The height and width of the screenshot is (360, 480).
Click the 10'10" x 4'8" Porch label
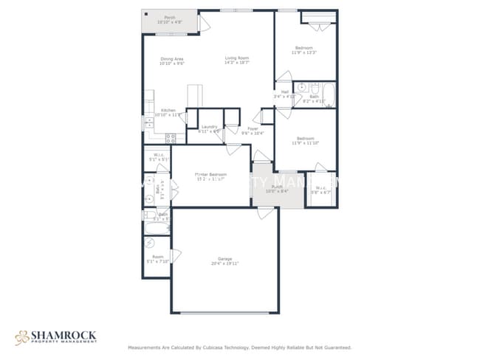(x=170, y=20)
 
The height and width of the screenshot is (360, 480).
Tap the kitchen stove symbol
(x=171, y=137)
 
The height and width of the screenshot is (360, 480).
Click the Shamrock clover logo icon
(x=21, y=338)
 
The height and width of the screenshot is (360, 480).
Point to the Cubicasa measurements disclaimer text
(x=239, y=347)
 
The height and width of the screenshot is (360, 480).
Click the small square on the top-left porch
(x=145, y=14)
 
